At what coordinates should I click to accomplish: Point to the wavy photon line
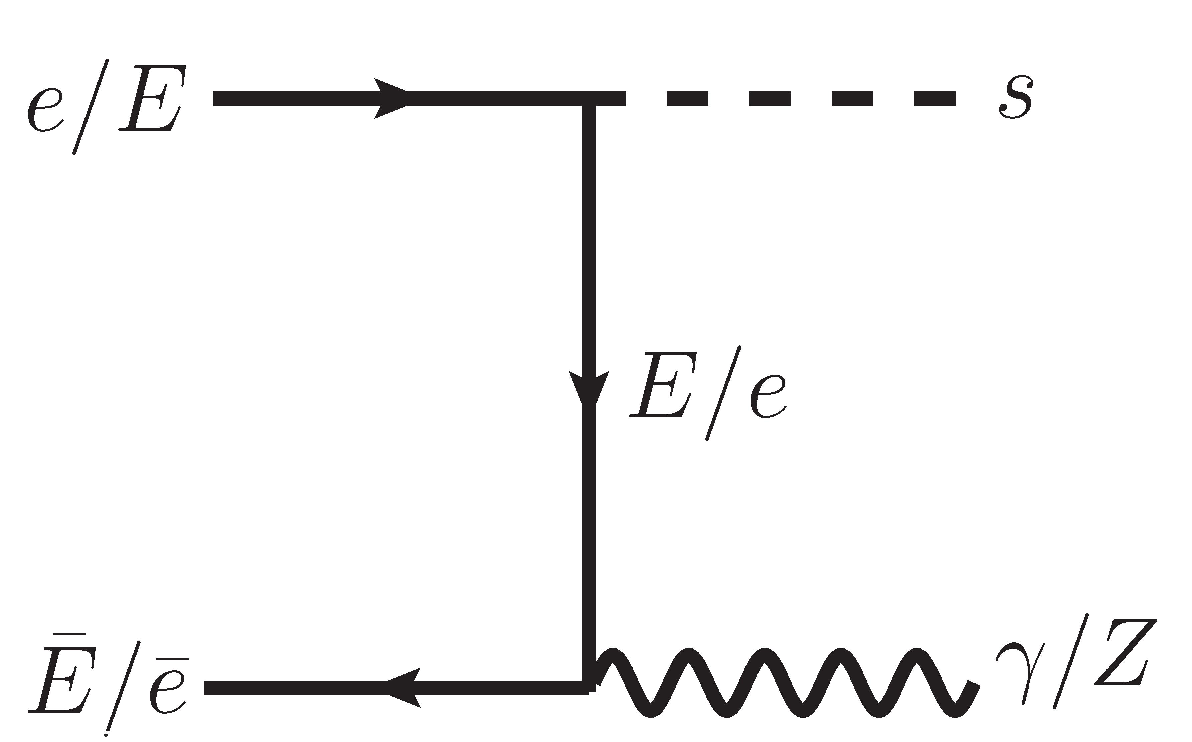click(785, 685)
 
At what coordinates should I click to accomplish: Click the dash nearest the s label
click(934, 98)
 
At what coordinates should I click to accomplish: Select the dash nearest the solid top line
click(687, 98)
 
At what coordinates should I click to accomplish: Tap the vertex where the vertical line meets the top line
click(589, 98)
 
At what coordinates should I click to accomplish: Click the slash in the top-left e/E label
click(91, 107)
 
